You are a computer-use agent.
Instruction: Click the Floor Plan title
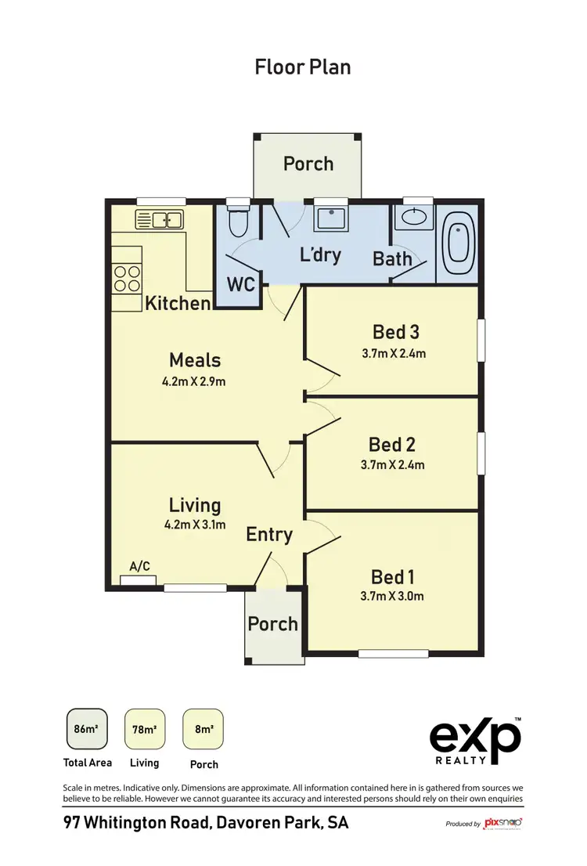(x=303, y=67)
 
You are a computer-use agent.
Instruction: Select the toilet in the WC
(x=237, y=224)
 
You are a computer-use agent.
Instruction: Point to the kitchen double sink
(x=160, y=219)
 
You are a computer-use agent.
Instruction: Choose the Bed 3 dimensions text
(x=394, y=353)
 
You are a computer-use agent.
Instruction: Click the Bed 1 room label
(x=393, y=577)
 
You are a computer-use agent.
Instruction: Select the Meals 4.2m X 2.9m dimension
(x=195, y=382)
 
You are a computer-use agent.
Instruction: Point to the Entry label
(x=269, y=535)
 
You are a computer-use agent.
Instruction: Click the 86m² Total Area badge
(x=86, y=729)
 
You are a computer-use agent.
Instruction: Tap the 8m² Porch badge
(x=203, y=729)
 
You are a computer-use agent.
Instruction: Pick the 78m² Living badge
(x=145, y=729)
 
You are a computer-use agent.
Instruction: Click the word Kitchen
(x=178, y=303)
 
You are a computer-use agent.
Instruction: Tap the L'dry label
(x=321, y=255)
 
